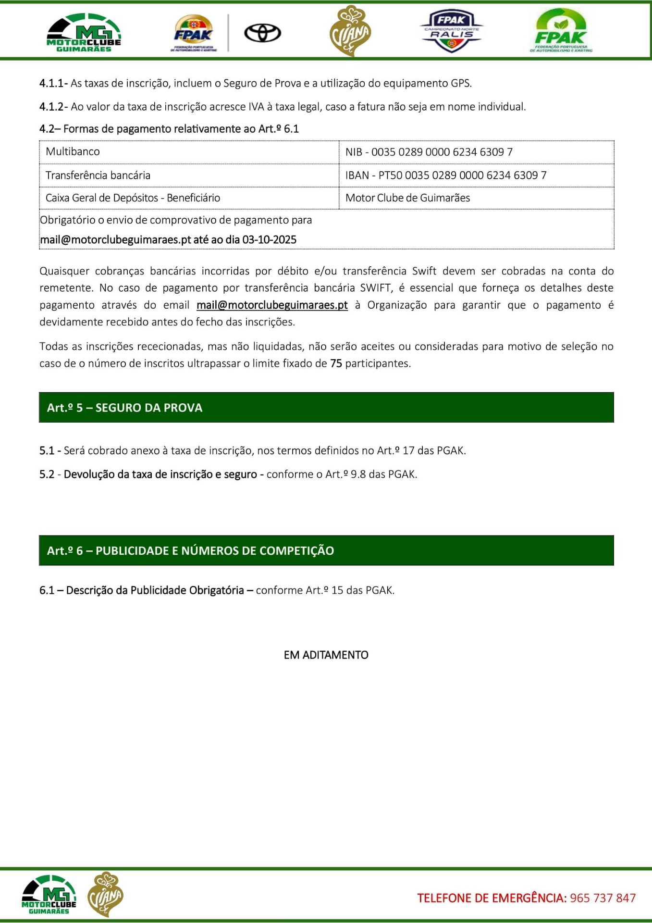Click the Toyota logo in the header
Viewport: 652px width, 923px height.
coord(262,33)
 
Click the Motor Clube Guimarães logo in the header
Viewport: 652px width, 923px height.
coord(84,33)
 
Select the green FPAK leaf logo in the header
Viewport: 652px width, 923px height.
coord(561,31)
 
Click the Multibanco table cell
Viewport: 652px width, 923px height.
coord(73,152)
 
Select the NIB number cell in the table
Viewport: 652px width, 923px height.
coord(429,152)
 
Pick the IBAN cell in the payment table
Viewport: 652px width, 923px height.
coord(445,175)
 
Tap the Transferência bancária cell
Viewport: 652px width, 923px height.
coord(98,175)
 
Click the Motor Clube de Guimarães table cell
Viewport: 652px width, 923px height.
coord(407,198)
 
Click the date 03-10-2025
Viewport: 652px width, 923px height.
coord(269,240)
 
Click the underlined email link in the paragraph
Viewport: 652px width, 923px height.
coord(272,305)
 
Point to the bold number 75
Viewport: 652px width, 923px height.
coord(336,363)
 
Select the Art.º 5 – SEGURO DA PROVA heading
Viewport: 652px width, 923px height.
coord(125,408)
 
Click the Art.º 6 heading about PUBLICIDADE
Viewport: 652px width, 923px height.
coord(190,550)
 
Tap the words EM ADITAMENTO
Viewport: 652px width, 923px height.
coord(326,655)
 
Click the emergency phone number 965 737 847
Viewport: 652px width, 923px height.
coord(603,898)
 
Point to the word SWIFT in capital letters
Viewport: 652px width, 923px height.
coord(376,288)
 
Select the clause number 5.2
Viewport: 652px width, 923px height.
coord(47,474)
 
